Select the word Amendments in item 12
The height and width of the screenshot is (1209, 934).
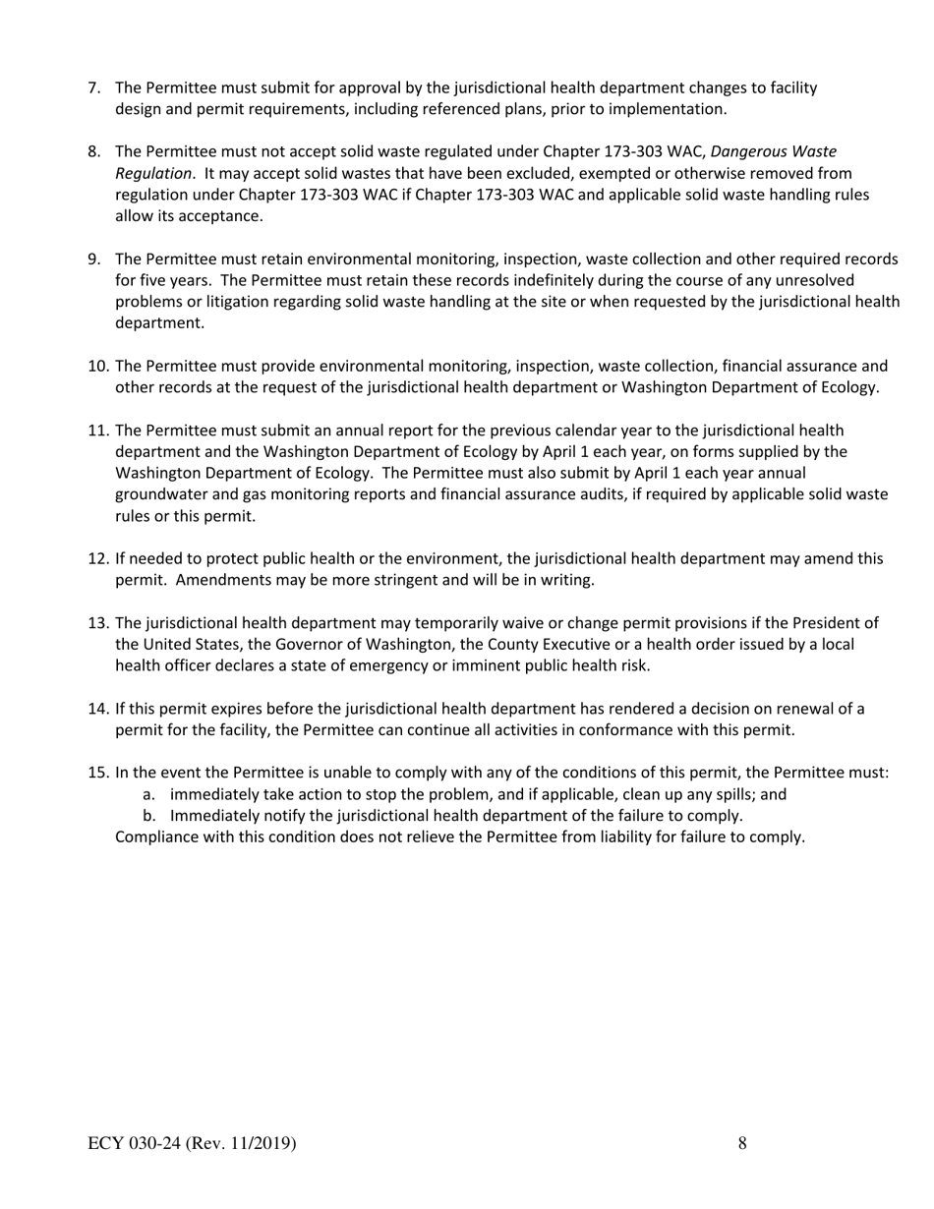[218, 580]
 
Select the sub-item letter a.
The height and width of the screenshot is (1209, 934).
[147, 795]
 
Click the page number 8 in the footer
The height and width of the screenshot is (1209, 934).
[741, 1143]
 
